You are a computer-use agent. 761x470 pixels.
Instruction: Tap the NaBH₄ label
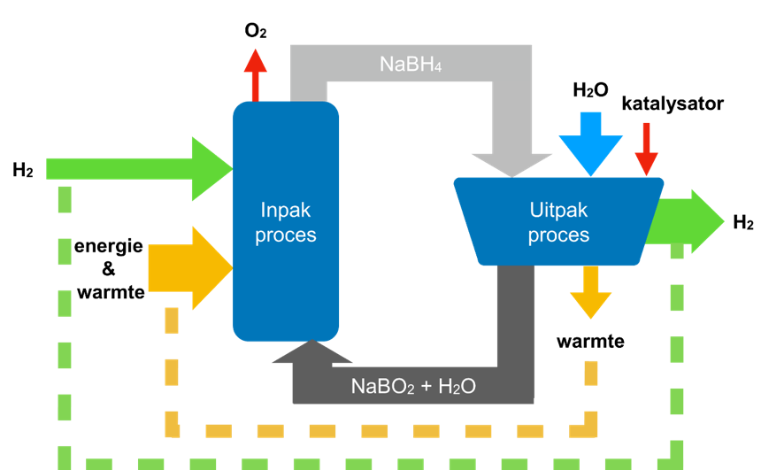point(411,64)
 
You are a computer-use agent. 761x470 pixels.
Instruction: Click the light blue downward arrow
point(591,142)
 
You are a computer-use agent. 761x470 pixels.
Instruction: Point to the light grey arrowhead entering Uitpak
point(511,164)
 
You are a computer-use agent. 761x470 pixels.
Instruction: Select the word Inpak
point(286,211)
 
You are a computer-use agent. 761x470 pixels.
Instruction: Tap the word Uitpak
point(558,211)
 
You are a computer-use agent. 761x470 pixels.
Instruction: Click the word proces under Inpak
point(286,235)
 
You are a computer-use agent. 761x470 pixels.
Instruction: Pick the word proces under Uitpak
point(558,235)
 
